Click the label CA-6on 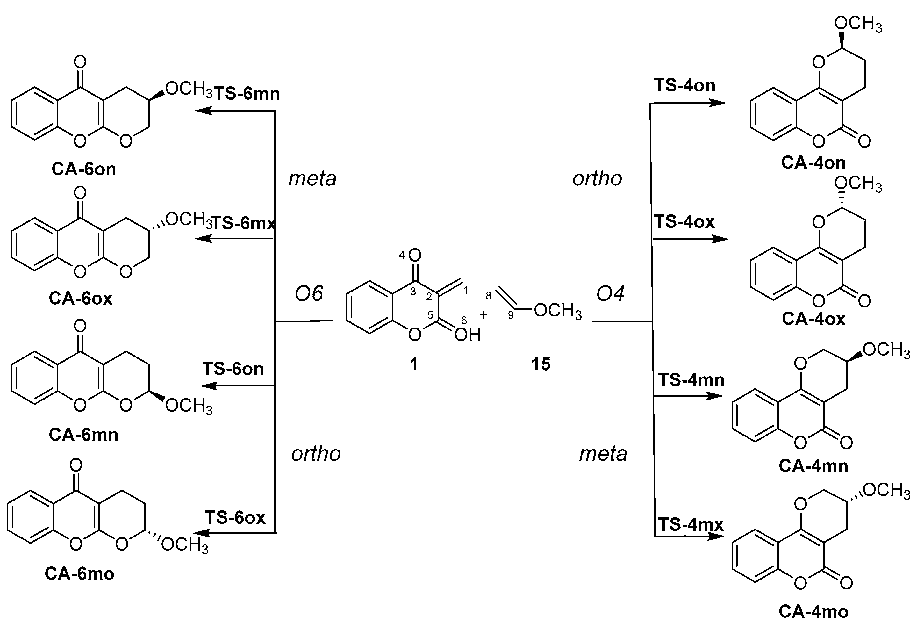pyautogui.click(x=84, y=169)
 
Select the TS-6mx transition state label pyautogui.click(x=243, y=224)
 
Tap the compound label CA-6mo pyautogui.click(x=80, y=573)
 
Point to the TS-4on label pyautogui.click(x=684, y=85)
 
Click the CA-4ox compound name pyautogui.click(x=813, y=318)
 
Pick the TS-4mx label pyautogui.click(x=691, y=524)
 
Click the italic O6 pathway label pyautogui.click(x=309, y=293)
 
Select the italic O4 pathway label pyautogui.click(x=610, y=293)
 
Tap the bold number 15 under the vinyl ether pyautogui.click(x=541, y=364)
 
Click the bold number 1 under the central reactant pyautogui.click(x=413, y=364)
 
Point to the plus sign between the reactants pyautogui.click(x=483, y=314)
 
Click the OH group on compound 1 pyautogui.click(x=468, y=335)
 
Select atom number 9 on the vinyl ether pyautogui.click(x=511, y=315)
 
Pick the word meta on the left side pyautogui.click(x=312, y=178)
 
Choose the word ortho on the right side pyautogui.click(x=597, y=178)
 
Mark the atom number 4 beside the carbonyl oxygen pyautogui.click(x=402, y=255)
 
